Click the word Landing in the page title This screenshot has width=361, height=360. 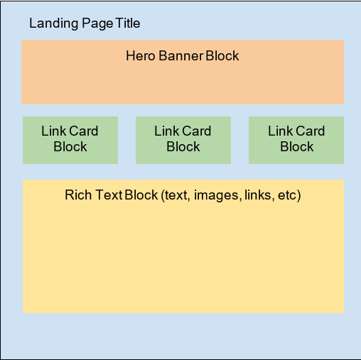52,23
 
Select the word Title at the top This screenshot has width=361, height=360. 126,23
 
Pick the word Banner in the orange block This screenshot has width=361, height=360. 180,55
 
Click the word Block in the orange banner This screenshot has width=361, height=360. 222,55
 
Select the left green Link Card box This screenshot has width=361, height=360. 70,140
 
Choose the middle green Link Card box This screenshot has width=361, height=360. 183,140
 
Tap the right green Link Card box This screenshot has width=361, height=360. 296,140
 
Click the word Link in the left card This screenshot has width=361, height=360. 53,131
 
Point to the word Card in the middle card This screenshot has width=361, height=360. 198,131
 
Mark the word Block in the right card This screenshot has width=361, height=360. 296,147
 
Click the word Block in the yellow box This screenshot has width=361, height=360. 141,195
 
